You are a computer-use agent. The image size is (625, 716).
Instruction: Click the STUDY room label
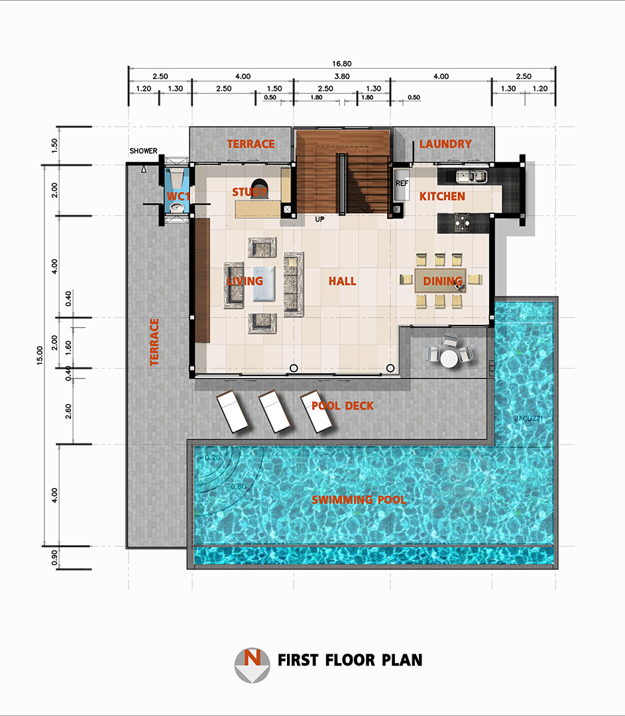coord(250,192)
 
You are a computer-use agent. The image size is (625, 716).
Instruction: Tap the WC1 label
coord(178,197)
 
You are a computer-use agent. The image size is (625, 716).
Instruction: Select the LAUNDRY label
coord(445,144)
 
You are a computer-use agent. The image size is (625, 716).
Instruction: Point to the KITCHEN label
coord(442,197)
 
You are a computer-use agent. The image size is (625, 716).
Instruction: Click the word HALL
coord(343,281)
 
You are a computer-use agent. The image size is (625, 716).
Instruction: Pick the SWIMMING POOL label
coord(359,500)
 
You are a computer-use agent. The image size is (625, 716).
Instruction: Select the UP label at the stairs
coord(320,218)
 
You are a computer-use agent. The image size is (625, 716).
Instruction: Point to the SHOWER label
coord(143,151)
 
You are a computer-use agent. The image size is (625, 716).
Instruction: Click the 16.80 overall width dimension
coord(342,64)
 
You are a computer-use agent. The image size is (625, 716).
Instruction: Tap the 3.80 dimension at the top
coord(342,76)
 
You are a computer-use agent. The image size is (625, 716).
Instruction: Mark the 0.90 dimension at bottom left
coord(55,558)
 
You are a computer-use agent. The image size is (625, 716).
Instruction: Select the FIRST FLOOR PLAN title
coord(350,660)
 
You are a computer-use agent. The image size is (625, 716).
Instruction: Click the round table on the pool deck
coord(449,358)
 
